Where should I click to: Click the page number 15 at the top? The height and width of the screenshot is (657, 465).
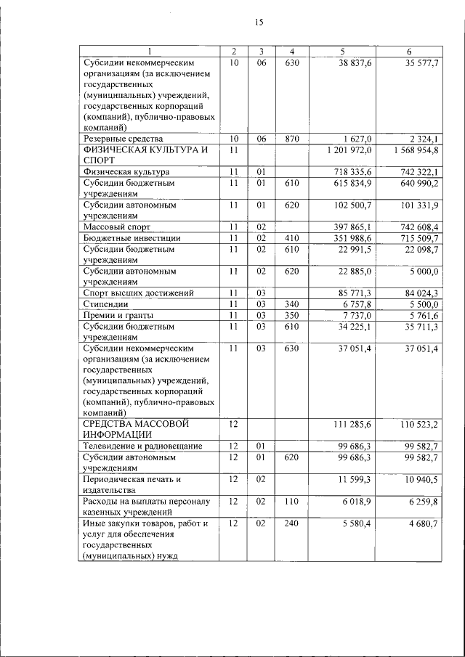click(258, 23)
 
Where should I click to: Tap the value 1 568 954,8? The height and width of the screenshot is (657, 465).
click(413, 150)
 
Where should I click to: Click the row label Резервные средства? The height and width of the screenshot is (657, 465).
click(124, 138)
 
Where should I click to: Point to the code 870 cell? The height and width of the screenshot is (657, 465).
click(291, 138)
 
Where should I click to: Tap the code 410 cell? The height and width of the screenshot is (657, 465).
click(291, 238)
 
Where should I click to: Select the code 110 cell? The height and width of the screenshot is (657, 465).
click(291, 502)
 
